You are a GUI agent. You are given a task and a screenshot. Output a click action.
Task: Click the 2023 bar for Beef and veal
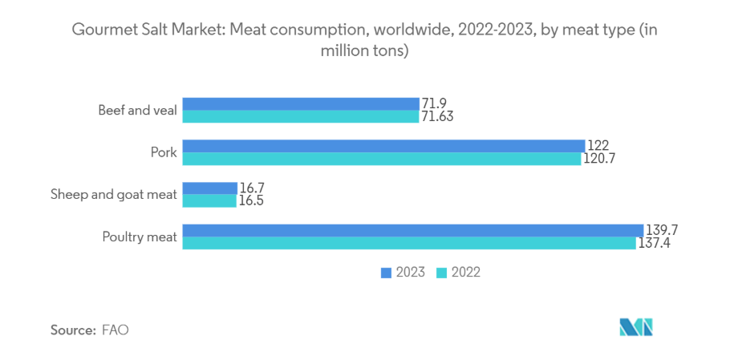coord(301,104)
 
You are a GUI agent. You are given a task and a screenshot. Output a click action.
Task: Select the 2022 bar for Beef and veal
coord(301,117)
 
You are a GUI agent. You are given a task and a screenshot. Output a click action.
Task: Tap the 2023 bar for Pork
coord(383,146)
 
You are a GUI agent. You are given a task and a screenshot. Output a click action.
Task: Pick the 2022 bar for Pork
coord(382,159)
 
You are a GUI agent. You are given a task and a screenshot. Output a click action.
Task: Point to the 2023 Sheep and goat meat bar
coord(210,188)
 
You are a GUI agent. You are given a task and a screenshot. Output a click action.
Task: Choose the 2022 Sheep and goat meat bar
coord(209,201)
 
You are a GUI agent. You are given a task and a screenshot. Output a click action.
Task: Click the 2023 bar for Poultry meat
coord(413,230)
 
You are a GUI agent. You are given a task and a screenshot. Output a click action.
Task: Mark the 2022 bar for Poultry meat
coord(409,243)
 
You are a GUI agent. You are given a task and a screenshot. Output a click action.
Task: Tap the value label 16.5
coord(251,201)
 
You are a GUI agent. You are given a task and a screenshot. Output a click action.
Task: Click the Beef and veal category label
coord(137,111)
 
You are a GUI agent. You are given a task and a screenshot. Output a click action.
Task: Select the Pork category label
coord(163,152)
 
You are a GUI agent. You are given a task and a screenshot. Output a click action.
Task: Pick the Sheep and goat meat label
coord(113,195)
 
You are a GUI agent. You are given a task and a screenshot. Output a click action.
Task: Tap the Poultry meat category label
coord(139,237)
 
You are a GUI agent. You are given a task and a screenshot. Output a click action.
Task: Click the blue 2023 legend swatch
coord(385,273)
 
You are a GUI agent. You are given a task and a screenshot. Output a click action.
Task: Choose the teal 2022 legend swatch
coord(440,273)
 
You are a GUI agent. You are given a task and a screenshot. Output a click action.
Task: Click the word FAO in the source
coord(116,330)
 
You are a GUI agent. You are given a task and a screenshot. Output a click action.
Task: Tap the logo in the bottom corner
coord(636,327)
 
